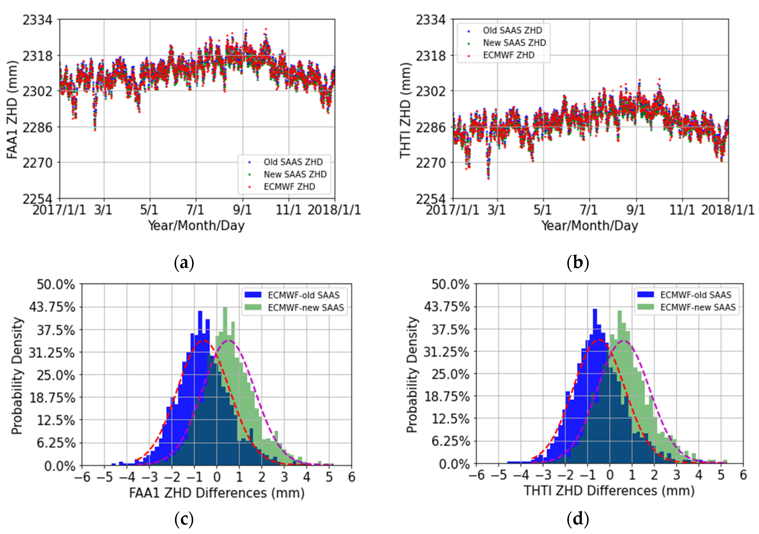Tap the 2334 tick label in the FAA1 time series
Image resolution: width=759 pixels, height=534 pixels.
pos(37,20)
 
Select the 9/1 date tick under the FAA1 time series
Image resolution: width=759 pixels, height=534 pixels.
pos(242,210)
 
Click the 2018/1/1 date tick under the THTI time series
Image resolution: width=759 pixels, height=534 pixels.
pos(728,210)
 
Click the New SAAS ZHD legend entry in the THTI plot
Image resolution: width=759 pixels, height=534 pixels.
pos(514,43)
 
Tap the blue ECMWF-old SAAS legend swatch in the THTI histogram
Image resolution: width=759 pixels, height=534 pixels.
pos(645,294)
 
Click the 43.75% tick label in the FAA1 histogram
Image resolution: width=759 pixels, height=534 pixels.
pos(52,307)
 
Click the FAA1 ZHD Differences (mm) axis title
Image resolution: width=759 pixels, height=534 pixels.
pos(217,493)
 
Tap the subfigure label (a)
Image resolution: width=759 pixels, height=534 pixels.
pos(184,263)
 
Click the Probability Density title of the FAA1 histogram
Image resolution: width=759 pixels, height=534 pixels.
pos(17,375)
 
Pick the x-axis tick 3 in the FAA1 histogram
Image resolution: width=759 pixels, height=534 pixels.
pos(284,477)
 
